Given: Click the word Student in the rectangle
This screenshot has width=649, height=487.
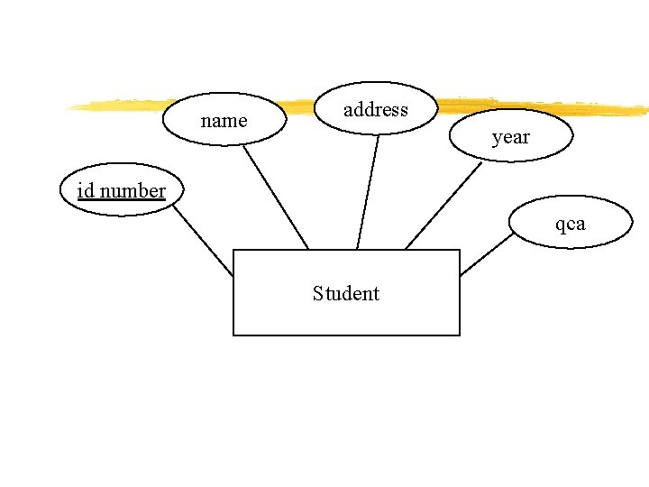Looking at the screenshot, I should (346, 293).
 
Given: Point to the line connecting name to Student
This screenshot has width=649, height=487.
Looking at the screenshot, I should (276, 197).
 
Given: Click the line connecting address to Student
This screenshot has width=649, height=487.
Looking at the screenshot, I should (368, 192).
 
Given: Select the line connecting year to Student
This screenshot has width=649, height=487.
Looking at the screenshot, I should (443, 206).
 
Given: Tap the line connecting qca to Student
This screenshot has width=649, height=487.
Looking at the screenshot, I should (487, 253).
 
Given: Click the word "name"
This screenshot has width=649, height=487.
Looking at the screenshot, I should (224, 120).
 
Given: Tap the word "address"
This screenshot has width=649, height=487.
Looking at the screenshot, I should (376, 110).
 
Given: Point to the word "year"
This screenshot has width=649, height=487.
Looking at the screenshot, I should (511, 137).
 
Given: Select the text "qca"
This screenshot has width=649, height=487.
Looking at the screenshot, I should (570, 223).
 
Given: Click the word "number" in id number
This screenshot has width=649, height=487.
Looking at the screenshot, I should (133, 190).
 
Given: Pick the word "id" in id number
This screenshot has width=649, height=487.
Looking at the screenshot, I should (86, 190).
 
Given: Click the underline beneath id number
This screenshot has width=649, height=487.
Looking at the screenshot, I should (121, 199).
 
